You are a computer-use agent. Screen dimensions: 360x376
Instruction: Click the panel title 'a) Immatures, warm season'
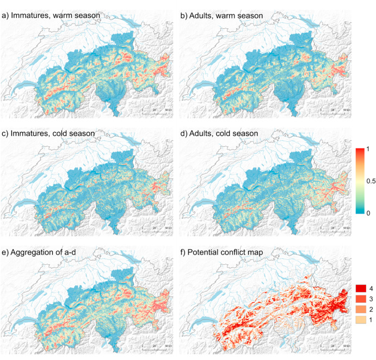(x=50, y=16)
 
